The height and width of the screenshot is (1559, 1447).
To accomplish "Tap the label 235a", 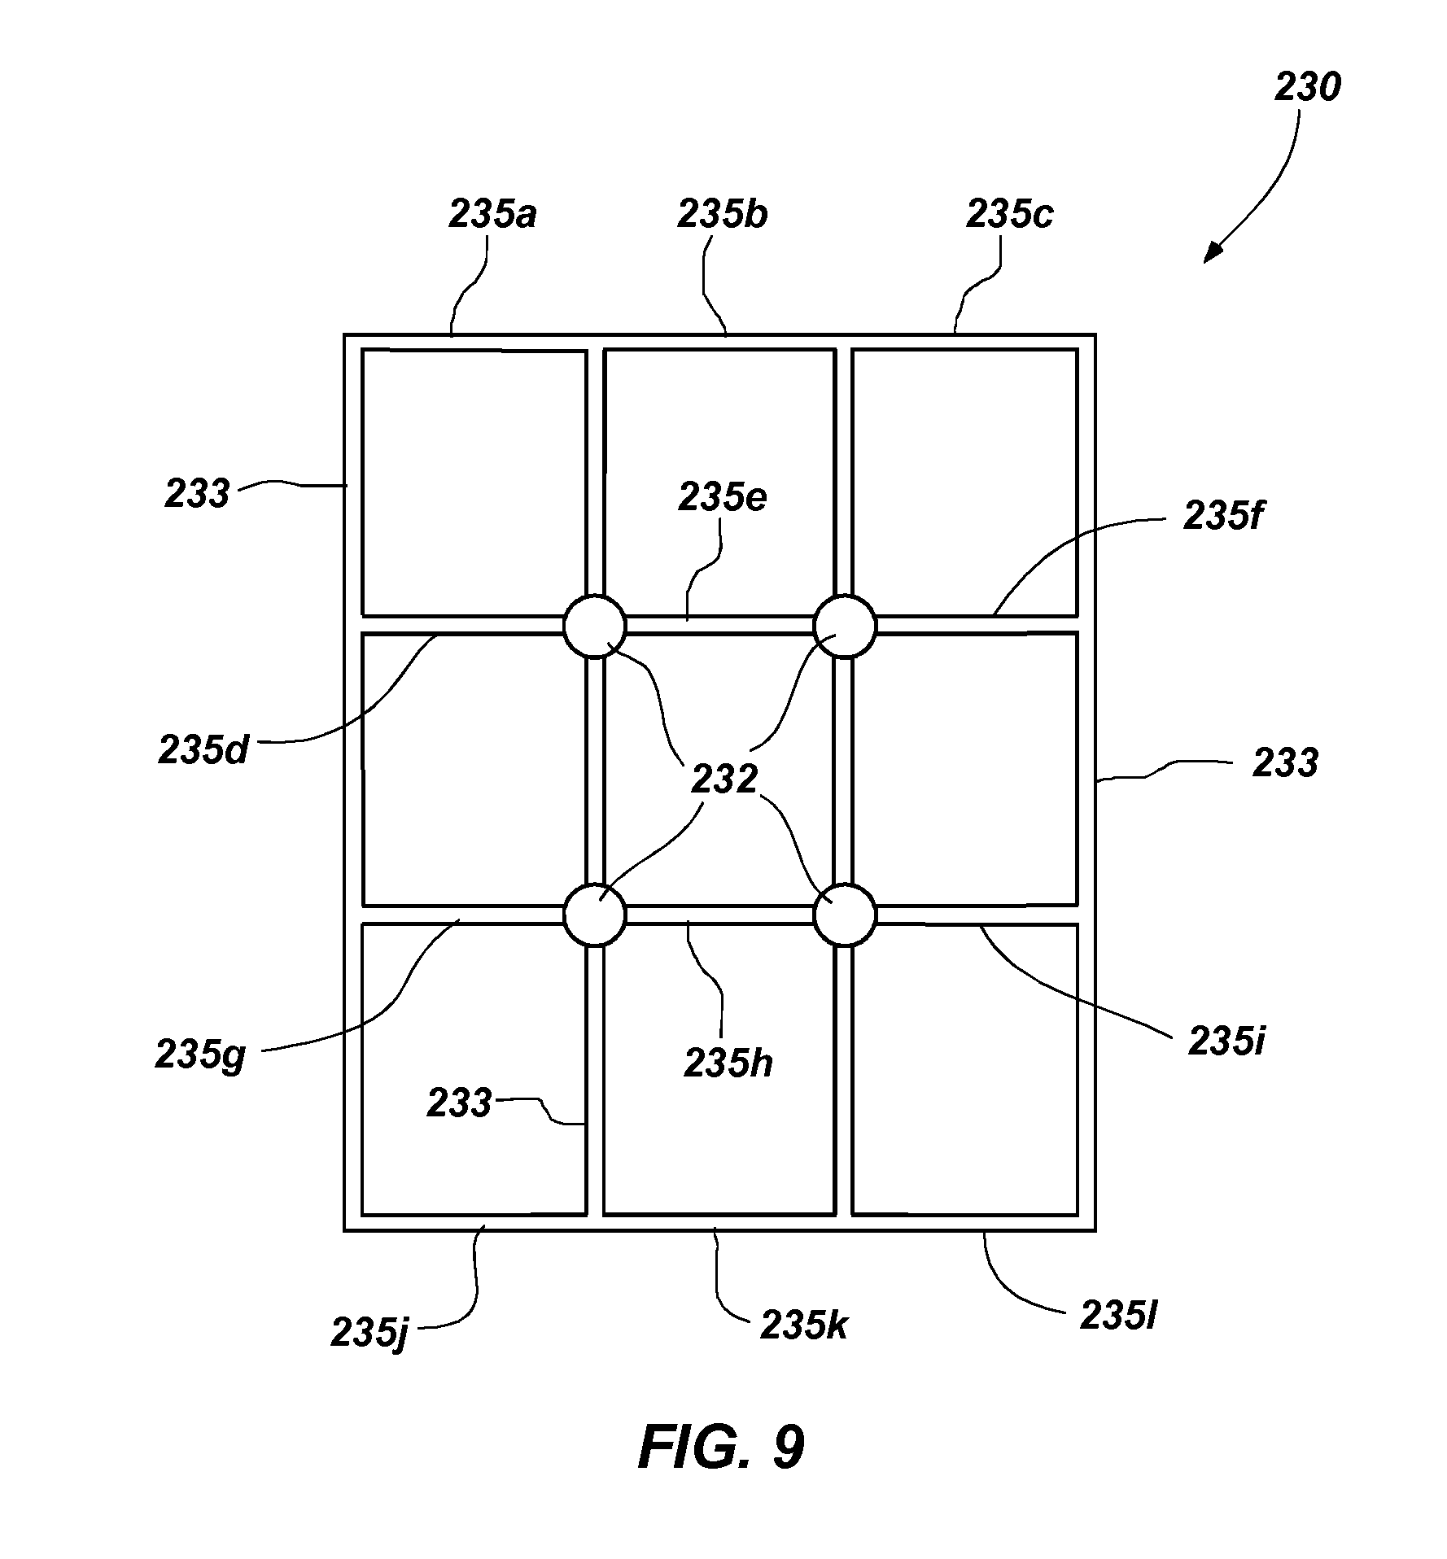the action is [492, 215].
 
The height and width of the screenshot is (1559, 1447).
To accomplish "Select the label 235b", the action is [723, 215].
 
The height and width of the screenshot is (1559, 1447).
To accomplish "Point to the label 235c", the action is [1010, 214].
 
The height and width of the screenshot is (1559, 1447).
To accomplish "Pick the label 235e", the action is [723, 498].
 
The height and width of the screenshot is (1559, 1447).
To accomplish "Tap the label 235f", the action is [1223, 514].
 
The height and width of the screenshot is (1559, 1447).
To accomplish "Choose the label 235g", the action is [200, 1057].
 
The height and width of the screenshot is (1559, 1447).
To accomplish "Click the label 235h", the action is [728, 1063].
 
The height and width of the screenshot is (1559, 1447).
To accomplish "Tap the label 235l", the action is [1119, 1317].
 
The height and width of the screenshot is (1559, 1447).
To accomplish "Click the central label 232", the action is [724, 779].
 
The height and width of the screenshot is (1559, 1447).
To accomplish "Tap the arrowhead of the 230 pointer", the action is [1213, 252].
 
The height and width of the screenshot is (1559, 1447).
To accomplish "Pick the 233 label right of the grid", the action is [1285, 764].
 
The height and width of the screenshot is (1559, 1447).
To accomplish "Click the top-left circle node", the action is [595, 626].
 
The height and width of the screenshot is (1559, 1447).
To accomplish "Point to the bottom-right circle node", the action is [846, 915].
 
